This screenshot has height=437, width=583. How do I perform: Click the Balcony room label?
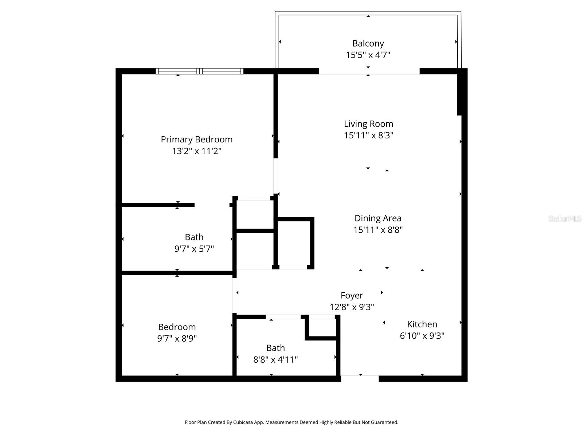[368, 43]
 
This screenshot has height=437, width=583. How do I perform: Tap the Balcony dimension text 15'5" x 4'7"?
[368, 55]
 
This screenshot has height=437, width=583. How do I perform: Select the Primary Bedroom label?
[196, 139]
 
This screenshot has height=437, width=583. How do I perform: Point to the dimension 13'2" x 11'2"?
[196, 151]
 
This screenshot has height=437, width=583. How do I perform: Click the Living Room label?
[368, 124]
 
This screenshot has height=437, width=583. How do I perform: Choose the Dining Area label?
[378, 218]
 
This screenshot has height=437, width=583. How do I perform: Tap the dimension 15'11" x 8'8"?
[378, 230]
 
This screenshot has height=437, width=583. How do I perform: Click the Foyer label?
[352, 295]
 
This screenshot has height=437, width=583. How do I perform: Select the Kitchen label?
[422, 324]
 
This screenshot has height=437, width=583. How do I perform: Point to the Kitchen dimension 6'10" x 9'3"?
[422, 336]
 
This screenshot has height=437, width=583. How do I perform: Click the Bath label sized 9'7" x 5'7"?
[194, 237]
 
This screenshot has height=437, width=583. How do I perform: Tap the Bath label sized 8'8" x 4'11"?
[275, 348]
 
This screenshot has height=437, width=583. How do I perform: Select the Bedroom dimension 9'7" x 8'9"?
[177, 338]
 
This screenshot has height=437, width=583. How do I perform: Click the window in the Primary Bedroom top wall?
[199, 71]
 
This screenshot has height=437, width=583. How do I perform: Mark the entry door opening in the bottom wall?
[360, 379]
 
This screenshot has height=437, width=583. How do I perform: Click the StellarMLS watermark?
[564, 219]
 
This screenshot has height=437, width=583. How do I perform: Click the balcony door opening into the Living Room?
[369, 71]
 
